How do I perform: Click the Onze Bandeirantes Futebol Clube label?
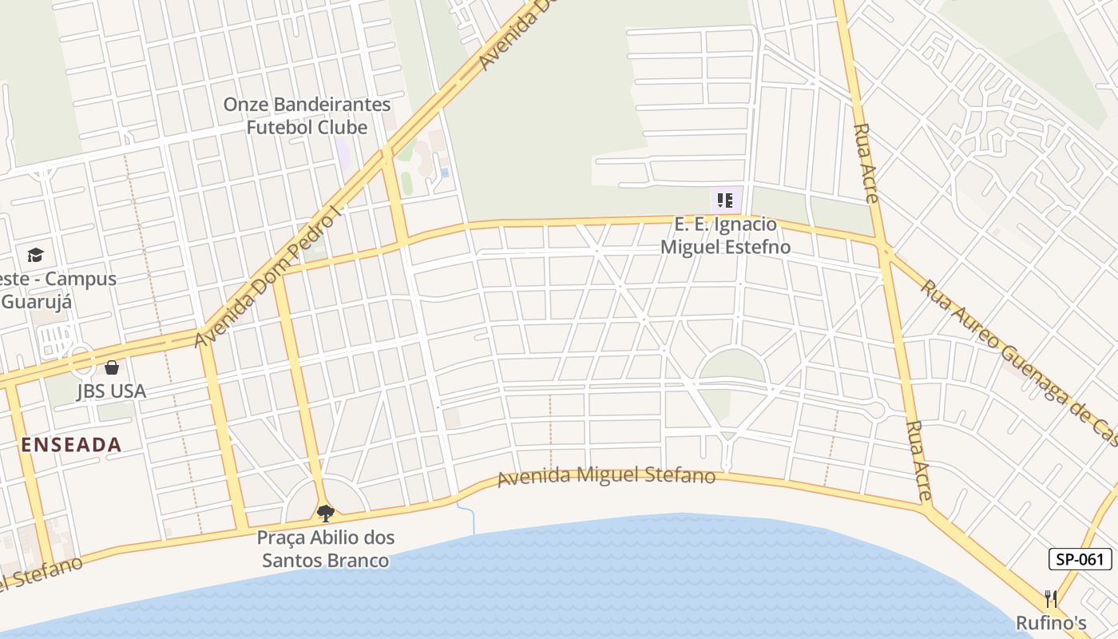pos(307,116)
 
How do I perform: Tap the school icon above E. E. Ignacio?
pos(724,200)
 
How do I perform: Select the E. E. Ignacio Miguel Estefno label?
pos(725,236)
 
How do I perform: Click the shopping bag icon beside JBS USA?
pos(111,367)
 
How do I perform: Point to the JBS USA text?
pos(111,391)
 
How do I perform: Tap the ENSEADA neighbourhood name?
pos(71,445)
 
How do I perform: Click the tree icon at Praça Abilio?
pos(325,512)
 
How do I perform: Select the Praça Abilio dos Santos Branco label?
pos(326,549)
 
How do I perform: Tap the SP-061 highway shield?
pos(1080,559)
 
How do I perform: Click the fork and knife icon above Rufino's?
pos(1051,598)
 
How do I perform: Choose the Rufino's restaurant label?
pos(1051,623)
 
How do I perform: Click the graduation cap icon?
pos(35,256)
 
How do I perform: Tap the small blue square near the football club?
pos(445,172)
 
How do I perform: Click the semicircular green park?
pos(732,367)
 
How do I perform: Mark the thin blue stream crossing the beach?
pos(472,519)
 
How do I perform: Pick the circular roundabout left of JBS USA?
pos(81,362)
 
